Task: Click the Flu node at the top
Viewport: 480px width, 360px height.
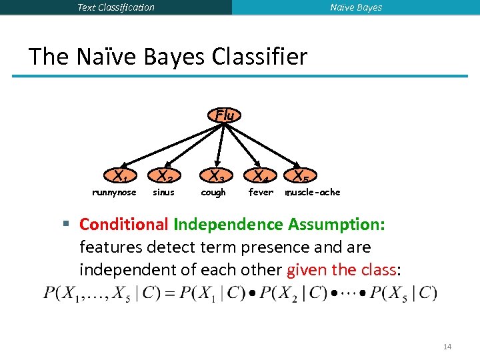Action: click(x=225, y=115)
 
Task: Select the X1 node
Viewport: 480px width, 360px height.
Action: click(x=121, y=177)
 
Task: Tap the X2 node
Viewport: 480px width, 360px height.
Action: click(x=165, y=177)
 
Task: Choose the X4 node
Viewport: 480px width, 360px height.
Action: click(x=260, y=177)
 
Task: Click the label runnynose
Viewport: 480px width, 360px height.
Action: click(x=113, y=193)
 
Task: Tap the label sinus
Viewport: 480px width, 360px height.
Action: click(x=163, y=193)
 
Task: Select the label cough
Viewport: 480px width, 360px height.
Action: click(x=213, y=193)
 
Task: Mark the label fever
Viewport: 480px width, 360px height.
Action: click(x=261, y=193)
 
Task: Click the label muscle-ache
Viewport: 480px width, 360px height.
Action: click(x=313, y=193)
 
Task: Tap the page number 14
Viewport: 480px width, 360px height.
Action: click(x=447, y=347)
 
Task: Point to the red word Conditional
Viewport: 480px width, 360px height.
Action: click(x=124, y=225)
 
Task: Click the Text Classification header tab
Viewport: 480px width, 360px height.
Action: click(x=116, y=7)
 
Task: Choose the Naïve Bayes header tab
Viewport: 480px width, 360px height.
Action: click(x=356, y=7)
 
